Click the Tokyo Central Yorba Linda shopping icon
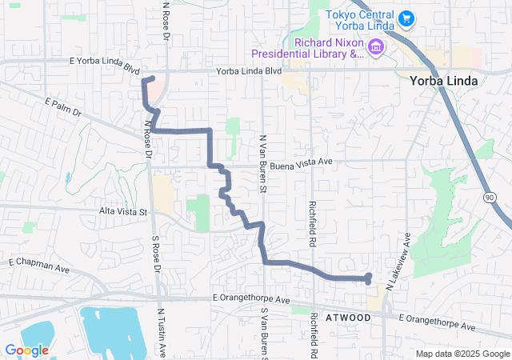(x=406, y=18)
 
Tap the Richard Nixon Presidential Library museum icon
(x=375, y=48)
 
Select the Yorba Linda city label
(x=443, y=81)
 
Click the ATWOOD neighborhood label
(x=348, y=318)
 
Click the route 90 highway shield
(x=488, y=196)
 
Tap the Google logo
(x=26, y=350)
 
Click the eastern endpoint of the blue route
(x=368, y=278)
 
